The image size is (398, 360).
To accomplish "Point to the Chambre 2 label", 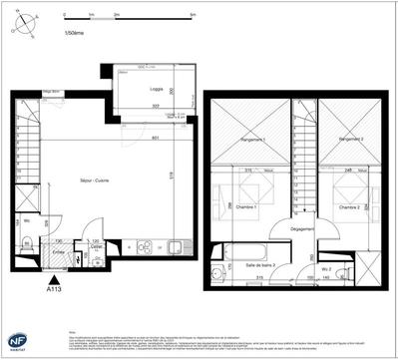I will click(x=347, y=206).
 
